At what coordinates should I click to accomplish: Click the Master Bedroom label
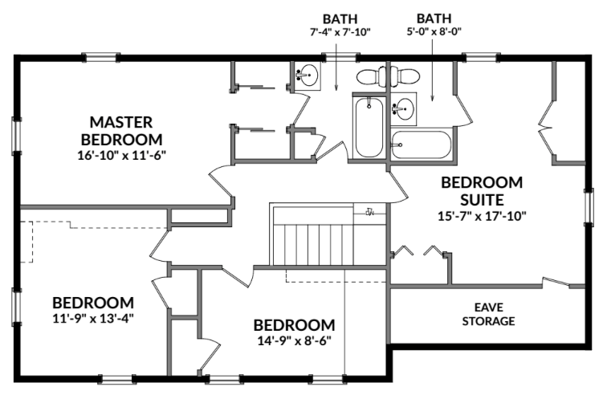pyautogui.click(x=121, y=131)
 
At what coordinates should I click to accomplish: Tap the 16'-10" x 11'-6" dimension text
pyautogui.click(x=121, y=155)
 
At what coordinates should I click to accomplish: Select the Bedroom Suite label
pyautogui.click(x=482, y=191)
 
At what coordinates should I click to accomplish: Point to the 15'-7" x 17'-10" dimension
pyautogui.click(x=482, y=216)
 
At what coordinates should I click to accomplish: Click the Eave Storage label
pyautogui.click(x=488, y=314)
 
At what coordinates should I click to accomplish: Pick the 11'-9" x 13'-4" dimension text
pyautogui.click(x=93, y=318)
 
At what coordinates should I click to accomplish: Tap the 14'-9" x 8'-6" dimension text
pyautogui.click(x=294, y=340)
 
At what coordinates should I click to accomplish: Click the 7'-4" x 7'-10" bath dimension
pyautogui.click(x=340, y=32)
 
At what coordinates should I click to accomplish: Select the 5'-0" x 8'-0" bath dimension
pyautogui.click(x=434, y=31)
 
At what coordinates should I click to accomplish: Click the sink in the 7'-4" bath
pyautogui.click(x=308, y=75)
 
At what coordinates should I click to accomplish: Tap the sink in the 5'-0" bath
pyautogui.click(x=403, y=108)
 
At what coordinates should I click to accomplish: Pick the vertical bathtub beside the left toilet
pyautogui.click(x=369, y=127)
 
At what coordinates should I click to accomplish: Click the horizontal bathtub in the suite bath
pyautogui.click(x=422, y=145)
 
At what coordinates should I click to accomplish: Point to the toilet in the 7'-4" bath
pyautogui.click(x=372, y=77)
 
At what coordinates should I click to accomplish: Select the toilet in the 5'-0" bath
pyautogui.click(x=405, y=76)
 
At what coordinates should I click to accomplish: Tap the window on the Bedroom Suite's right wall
pyautogui.click(x=589, y=207)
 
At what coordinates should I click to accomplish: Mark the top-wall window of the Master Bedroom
pyautogui.click(x=100, y=58)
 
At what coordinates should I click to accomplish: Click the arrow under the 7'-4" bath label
pyautogui.click(x=336, y=67)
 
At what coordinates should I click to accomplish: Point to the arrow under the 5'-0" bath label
pyautogui.click(x=433, y=72)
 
